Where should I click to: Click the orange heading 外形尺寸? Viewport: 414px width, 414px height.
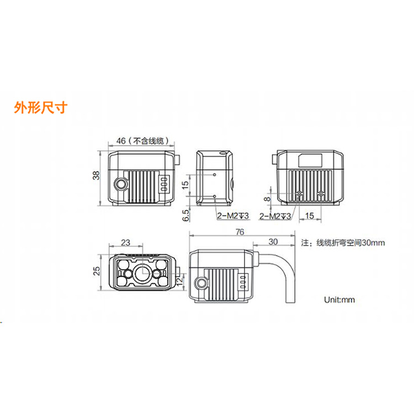[x=41, y=108]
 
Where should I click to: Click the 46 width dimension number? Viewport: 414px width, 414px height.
[x=121, y=141]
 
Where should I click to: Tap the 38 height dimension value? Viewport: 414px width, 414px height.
[x=97, y=176]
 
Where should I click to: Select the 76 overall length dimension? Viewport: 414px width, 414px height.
[x=240, y=232]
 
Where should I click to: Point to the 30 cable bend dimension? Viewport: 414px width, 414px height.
[x=273, y=242]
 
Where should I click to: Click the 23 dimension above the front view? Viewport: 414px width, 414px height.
[x=126, y=242]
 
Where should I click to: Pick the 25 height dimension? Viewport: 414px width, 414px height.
[x=97, y=271]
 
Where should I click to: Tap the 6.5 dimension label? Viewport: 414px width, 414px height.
[x=186, y=215]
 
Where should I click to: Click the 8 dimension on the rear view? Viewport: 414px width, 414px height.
[x=268, y=199]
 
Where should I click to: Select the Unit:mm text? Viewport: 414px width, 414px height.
[x=339, y=300]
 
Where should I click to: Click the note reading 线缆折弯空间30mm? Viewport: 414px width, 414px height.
[x=351, y=243]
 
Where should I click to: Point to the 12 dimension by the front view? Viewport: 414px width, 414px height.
[x=179, y=282]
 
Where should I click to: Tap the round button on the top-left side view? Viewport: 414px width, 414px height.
[x=121, y=184]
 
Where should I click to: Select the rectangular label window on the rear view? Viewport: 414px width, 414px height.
[x=310, y=161]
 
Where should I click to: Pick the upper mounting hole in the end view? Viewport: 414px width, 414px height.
[x=215, y=174]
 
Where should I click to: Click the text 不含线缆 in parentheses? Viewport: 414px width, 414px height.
[x=148, y=141]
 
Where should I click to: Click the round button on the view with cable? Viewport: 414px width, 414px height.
[x=201, y=283]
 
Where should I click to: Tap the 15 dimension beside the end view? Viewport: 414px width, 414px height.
[x=185, y=184]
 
